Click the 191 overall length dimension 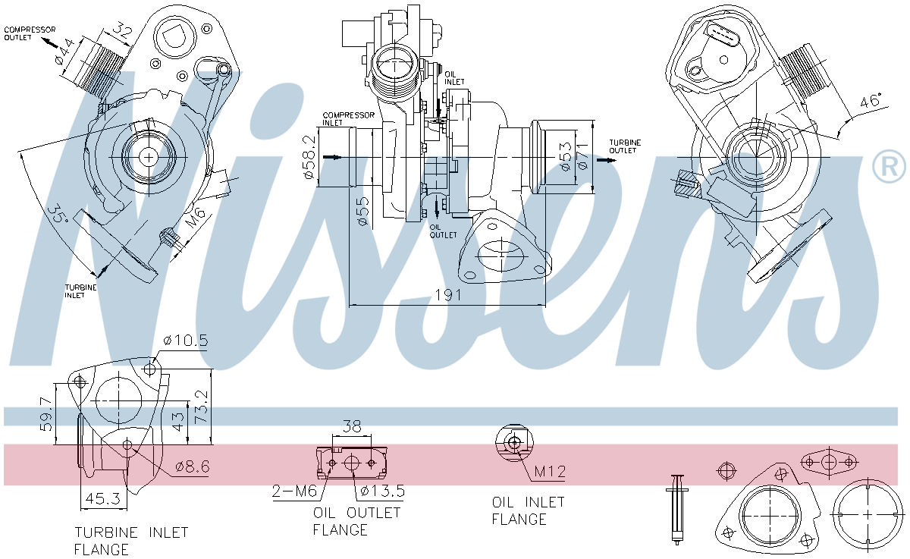pos(449,295)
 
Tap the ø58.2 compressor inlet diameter pos(309,157)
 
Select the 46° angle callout pos(869,102)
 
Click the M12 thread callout pos(550,472)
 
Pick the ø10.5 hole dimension pos(187,340)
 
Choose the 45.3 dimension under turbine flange pos(103,499)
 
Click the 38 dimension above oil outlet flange pos(352,427)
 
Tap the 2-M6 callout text pos(294,491)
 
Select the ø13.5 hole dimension pos(381,491)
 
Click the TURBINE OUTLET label pos(626,146)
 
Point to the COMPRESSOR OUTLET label pos(30,33)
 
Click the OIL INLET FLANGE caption pos(528,510)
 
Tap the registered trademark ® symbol pos(889,168)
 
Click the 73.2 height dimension pos(202,407)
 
